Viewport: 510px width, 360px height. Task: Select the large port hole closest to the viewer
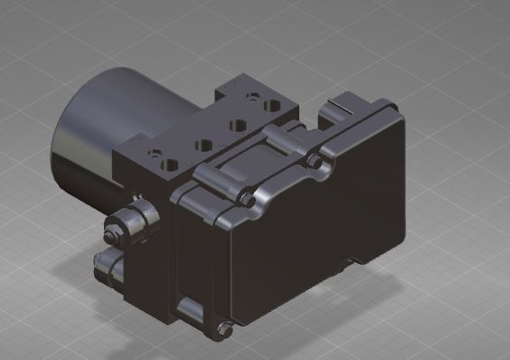tap(170, 166)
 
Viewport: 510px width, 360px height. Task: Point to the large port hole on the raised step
tap(271, 103)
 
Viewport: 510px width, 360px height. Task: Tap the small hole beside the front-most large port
tap(155, 154)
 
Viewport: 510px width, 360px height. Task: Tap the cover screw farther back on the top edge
tap(314, 162)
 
